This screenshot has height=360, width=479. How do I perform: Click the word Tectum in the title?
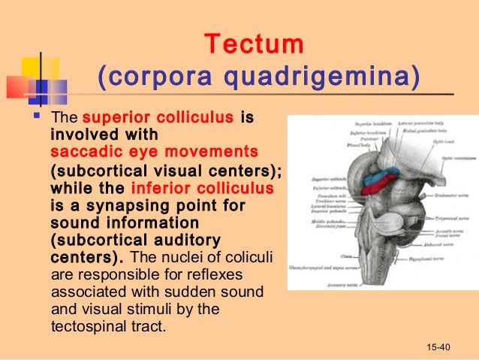tap(255, 44)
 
